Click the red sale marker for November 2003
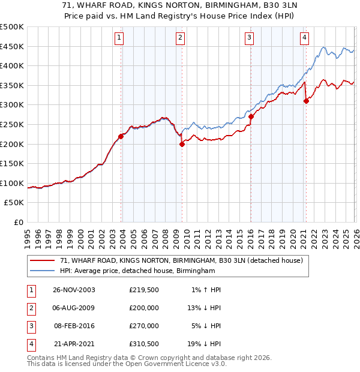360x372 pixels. [x=121, y=136]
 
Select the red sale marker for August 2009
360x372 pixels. [x=181, y=144]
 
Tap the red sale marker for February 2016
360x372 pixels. [x=251, y=117]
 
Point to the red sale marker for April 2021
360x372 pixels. [x=306, y=101]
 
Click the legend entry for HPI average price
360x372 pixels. [x=137, y=271]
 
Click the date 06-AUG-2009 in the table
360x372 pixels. [x=73, y=308]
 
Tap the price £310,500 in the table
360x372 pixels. [x=144, y=344]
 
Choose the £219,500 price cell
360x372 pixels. [x=144, y=290]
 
